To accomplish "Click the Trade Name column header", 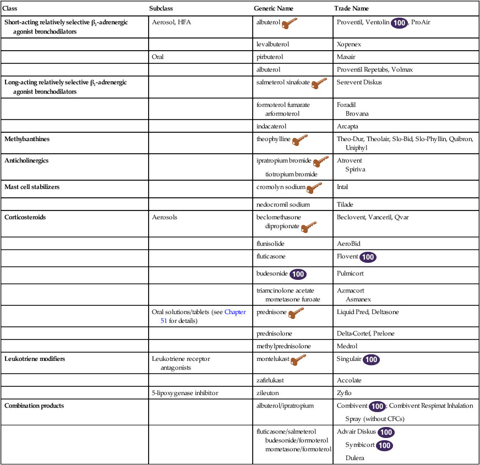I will [x=351, y=9].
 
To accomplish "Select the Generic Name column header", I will [x=273, y=9].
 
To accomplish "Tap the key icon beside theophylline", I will [x=299, y=140].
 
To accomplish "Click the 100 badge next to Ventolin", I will [x=399, y=23].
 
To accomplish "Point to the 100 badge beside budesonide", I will [x=298, y=274].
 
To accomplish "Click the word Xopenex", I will [x=348, y=44].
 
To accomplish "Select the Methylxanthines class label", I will [x=27, y=139].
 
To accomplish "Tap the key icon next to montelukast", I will [x=298, y=360].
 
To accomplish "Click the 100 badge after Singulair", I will [x=372, y=360].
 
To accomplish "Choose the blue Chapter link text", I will [x=235, y=312].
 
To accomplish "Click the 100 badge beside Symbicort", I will [x=385, y=445].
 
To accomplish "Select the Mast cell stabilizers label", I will [x=32, y=187].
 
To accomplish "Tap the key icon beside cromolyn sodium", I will [x=314, y=188].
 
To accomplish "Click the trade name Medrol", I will [x=346, y=347].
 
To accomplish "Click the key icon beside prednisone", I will [x=296, y=313].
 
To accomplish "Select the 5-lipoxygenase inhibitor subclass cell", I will [x=185, y=393].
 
